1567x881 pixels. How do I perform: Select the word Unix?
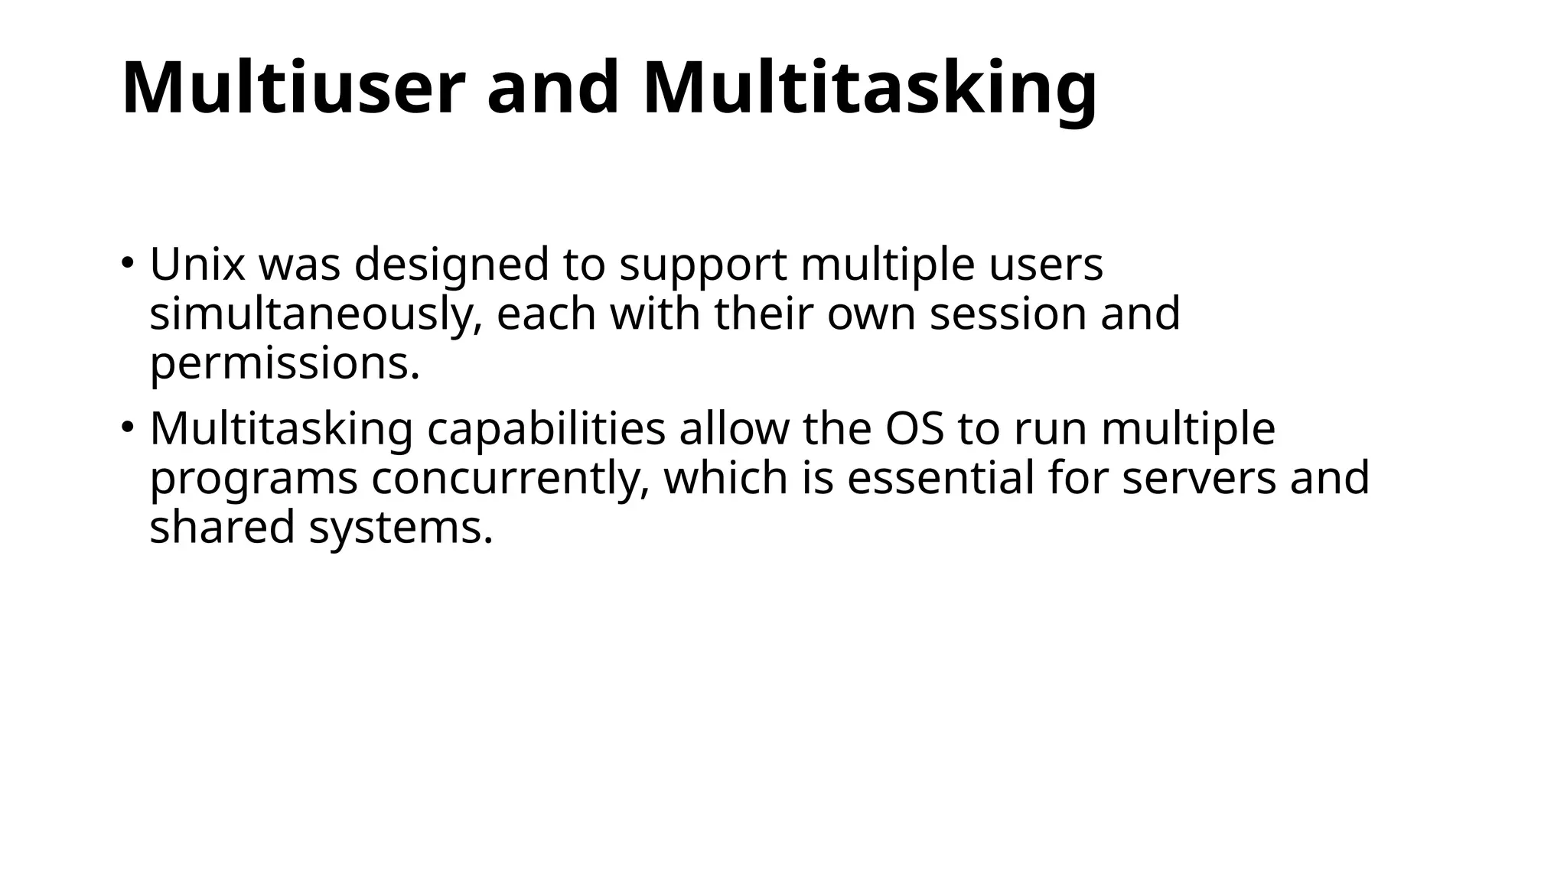coord(197,265)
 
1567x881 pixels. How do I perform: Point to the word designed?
coord(452,266)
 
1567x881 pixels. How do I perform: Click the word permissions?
coord(285,364)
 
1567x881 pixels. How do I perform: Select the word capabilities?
coord(546,430)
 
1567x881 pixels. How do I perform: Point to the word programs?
coord(253,480)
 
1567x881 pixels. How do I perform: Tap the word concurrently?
coord(510,479)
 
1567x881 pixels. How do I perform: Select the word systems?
coord(400,529)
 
